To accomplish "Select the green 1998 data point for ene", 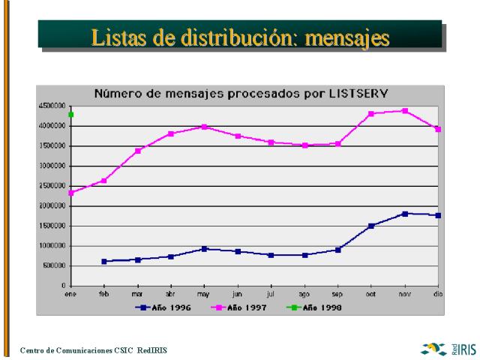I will tap(70, 115).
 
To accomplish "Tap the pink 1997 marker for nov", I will tap(405, 111).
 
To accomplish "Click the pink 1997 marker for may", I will tap(204, 127).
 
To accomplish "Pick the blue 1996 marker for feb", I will tap(104, 261).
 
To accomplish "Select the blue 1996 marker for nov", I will tap(405, 214).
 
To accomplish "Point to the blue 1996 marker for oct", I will tap(371, 226).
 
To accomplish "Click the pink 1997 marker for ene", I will tap(70, 193).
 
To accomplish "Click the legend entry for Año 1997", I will tap(241, 307).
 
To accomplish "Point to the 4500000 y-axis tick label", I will tap(51, 106).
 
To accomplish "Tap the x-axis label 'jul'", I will tap(271, 295).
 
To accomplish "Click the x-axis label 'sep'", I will tap(337, 295).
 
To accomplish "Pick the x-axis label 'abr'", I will tap(170, 295).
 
